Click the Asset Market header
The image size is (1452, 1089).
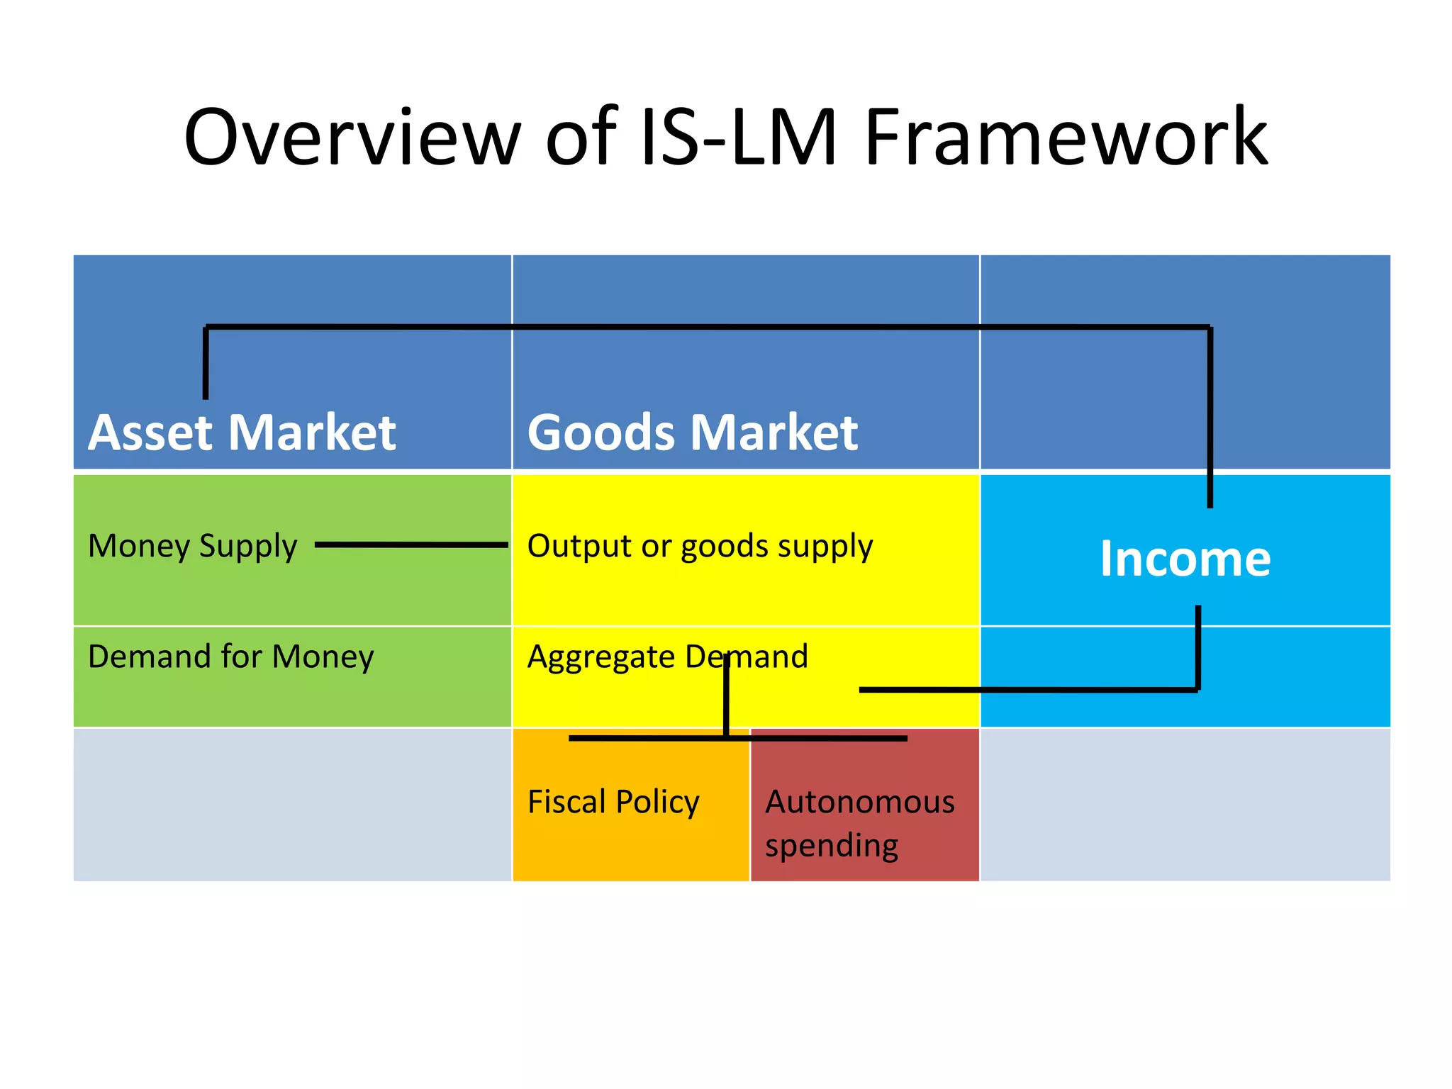point(242,432)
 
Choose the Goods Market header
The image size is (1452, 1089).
point(692,432)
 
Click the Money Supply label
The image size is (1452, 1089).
point(192,546)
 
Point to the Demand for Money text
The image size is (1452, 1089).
point(230,657)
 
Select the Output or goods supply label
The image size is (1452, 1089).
point(700,546)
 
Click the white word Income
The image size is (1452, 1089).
point(1185,559)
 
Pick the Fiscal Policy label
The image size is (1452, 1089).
point(613,802)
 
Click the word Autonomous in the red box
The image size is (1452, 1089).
point(860,802)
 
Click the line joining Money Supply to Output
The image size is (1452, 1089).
point(411,544)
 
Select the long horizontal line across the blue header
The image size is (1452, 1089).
point(709,327)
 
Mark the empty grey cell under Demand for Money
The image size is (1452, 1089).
point(292,805)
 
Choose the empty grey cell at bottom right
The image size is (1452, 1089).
point(1185,805)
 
